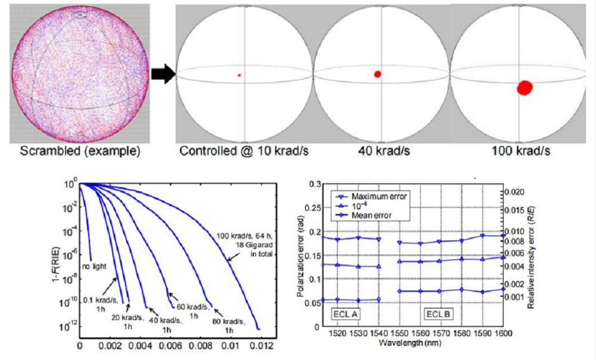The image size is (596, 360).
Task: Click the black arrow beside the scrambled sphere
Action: click(162, 74)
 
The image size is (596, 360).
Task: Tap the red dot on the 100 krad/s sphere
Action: click(524, 88)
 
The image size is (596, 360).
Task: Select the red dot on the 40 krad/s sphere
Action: click(377, 74)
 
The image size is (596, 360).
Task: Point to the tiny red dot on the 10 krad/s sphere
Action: click(239, 75)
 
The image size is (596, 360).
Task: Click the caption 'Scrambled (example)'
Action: click(80, 151)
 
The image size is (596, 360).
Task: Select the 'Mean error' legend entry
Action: click(373, 215)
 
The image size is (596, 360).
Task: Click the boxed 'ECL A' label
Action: click(346, 312)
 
